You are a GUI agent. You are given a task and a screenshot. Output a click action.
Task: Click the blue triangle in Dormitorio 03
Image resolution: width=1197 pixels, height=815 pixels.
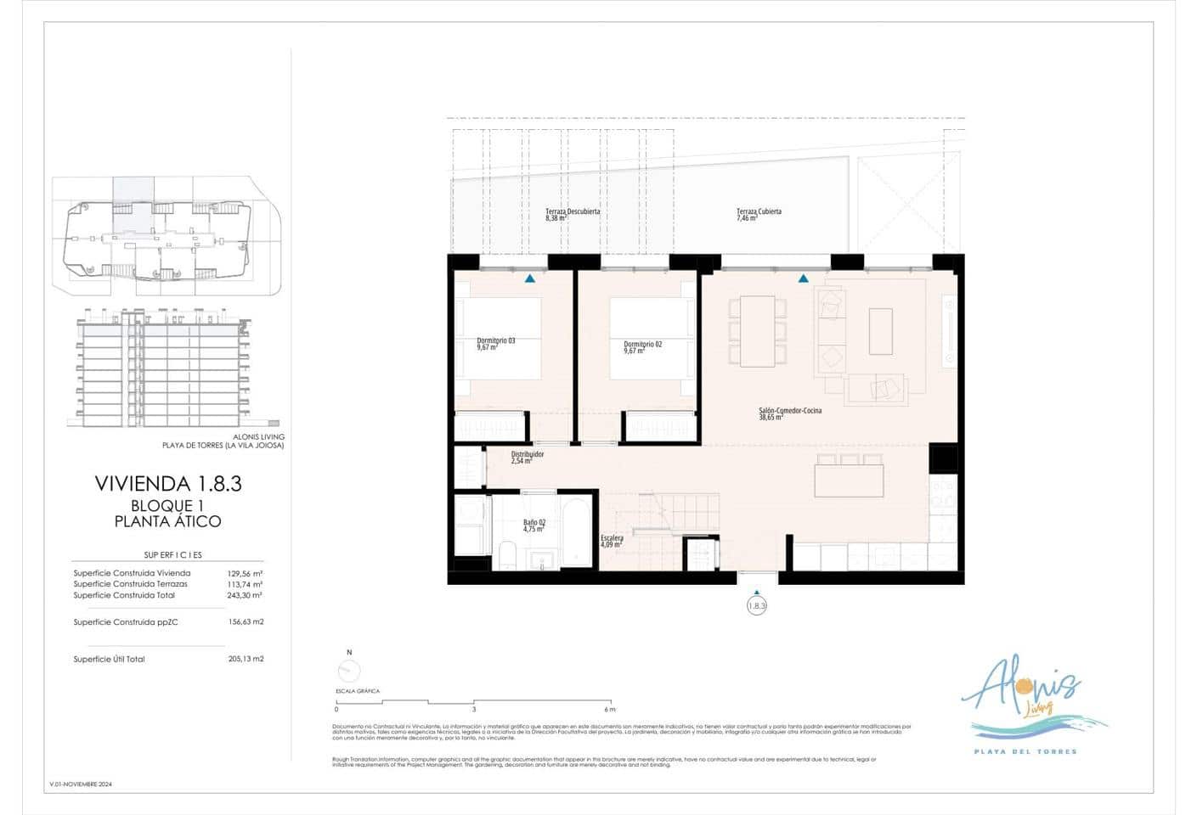530,278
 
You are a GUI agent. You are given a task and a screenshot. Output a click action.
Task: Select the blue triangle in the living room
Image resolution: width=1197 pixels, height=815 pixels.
803,278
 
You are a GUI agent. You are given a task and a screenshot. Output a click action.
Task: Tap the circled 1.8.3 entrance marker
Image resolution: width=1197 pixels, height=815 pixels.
756,606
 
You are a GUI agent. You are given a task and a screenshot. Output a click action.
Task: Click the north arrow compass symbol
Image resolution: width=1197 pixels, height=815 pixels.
348,671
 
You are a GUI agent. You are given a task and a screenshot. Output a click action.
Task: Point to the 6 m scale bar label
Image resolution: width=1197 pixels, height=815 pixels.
609,709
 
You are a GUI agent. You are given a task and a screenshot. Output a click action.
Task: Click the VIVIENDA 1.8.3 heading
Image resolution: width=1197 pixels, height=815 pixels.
168,484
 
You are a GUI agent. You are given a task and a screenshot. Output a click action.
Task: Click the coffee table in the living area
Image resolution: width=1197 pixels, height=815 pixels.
881,331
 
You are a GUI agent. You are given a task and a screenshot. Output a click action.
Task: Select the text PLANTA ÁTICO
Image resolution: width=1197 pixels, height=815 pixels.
168,521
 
